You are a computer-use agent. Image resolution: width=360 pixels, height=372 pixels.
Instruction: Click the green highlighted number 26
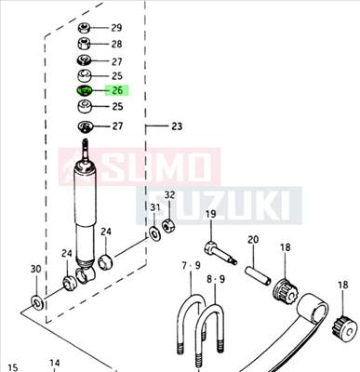point(117,91)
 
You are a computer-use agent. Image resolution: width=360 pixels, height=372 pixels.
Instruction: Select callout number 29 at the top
point(116,28)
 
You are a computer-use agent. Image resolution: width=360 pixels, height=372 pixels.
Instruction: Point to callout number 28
point(116,44)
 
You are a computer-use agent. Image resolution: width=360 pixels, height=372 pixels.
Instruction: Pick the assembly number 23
point(177,126)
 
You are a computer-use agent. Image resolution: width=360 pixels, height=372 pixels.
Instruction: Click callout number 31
point(155,207)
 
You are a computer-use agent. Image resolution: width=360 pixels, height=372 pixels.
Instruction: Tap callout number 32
point(169,195)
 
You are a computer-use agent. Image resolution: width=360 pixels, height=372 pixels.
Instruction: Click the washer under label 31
point(153,232)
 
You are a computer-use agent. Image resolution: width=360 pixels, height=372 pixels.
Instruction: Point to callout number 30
point(35,270)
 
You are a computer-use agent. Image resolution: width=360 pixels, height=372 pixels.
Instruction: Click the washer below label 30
point(35,300)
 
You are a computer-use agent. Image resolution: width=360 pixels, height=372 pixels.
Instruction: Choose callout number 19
point(210,216)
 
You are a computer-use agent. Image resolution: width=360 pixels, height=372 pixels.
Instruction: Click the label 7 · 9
point(190,268)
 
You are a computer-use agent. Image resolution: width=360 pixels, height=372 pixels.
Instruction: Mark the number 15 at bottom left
point(13,366)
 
